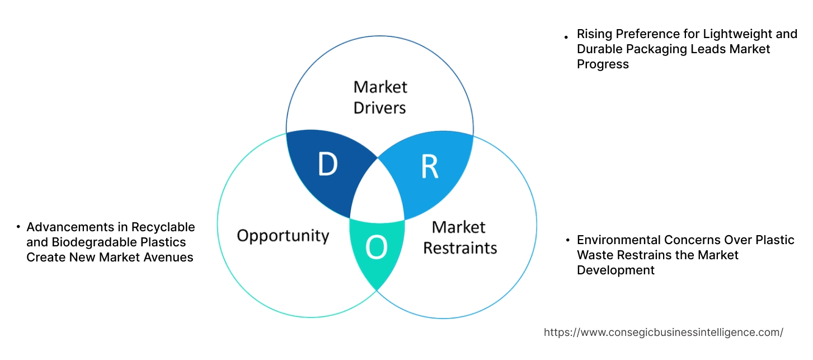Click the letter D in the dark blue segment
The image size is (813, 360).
327,164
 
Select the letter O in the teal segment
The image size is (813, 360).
376,249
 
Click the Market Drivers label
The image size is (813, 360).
380,97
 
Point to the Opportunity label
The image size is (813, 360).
283,235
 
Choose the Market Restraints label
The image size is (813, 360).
459,237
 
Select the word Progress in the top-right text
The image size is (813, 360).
603,64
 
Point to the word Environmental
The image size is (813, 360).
619,240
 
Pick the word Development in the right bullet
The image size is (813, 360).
615,270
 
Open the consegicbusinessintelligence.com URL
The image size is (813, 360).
663,333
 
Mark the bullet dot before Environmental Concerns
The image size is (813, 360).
567,241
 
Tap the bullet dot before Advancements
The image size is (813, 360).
18,227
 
